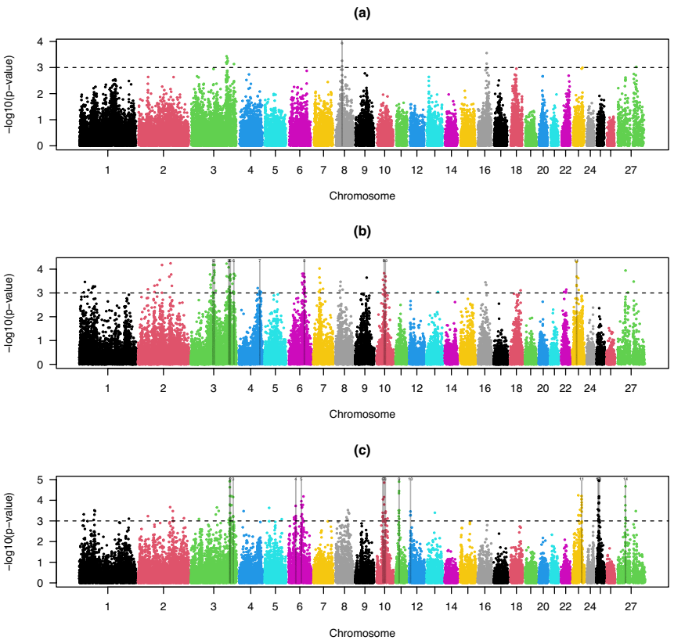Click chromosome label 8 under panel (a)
pyautogui.click(x=344, y=169)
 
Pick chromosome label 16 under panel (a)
pyautogui.click(x=485, y=169)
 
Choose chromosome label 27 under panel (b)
pyautogui.click(x=630, y=388)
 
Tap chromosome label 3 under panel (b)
pyautogui.click(x=214, y=388)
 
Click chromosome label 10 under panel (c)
pyautogui.click(x=384, y=606)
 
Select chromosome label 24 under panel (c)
pyautogui.click(x=590, y=606)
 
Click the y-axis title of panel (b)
pyautogui.click(x=9, y=311)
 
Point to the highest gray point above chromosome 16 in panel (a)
pyautogui.click(x=487, y=53)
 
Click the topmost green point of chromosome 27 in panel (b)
pyautogui.click(x=625, y=271)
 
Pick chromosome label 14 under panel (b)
pyautogui.click(x=450, y=388)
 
